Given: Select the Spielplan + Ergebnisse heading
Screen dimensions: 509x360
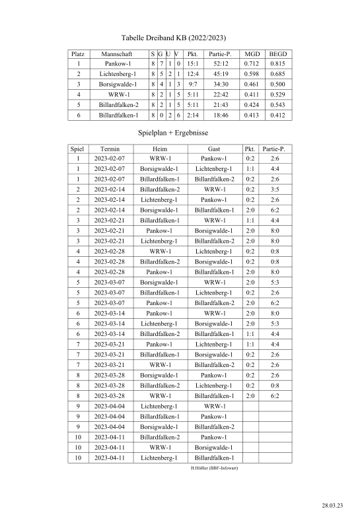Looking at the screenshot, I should point(173,133).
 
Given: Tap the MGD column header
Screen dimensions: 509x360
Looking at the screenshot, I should point(252,53).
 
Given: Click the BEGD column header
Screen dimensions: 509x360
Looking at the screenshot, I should point(278,53).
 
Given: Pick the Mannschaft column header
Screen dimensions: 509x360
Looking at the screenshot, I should point(118,53).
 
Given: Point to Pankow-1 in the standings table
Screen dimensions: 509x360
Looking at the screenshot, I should point(118,64).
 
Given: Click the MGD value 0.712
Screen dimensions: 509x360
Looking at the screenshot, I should point(252,64).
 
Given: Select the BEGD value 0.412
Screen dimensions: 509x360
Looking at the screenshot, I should point(278,115).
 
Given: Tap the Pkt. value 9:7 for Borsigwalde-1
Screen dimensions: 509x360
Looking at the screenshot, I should point(192,85).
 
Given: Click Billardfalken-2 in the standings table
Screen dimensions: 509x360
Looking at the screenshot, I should point(118,105).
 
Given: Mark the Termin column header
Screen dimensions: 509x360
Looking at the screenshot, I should point(110,149).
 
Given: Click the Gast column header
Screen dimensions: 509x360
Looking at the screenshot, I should point(214,149).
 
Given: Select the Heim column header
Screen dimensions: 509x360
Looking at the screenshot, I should point(160,149).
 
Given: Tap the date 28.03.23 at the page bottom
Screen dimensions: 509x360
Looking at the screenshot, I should point(332,504).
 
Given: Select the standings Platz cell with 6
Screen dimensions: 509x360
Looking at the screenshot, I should point(78,115).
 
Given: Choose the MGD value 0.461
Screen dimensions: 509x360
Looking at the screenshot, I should point(252,85).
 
